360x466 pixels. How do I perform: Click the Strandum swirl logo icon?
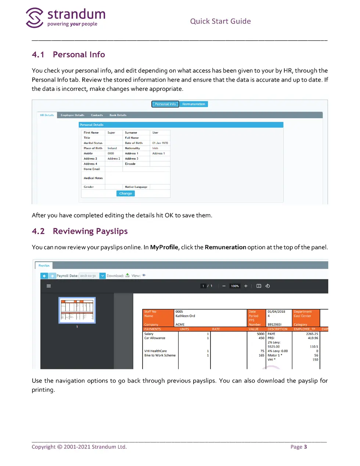35,18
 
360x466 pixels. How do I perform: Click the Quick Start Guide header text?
220,21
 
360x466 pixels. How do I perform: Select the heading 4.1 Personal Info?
68,54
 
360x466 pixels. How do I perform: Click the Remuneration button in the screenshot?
194,104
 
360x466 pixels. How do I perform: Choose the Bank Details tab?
118,115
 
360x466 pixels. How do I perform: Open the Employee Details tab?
72,115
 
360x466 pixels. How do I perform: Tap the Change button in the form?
125,193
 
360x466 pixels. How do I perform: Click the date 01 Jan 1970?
160,143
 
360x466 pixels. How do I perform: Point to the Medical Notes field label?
93,178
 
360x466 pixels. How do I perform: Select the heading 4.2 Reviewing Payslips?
80,231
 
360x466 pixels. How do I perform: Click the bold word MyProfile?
164,247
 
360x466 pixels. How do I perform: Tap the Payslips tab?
44,265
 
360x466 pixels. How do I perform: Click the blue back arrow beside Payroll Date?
44,276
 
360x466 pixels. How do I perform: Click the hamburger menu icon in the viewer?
48,286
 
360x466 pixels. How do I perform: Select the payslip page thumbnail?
77,310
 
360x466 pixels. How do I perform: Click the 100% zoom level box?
235,286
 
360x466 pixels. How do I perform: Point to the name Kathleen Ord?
185,316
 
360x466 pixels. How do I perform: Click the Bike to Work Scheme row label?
160,355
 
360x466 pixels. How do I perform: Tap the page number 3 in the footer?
305,447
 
